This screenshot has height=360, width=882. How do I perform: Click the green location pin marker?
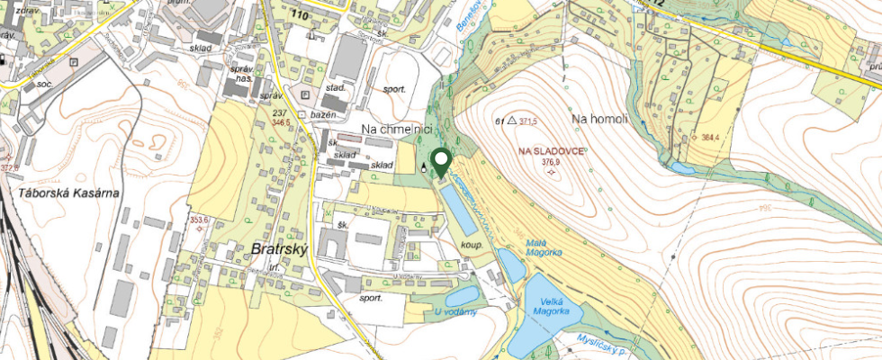(x=441, y=162)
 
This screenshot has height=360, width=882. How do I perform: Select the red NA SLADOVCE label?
(x=553, y=150)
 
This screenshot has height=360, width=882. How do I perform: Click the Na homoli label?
(x=599, y=119)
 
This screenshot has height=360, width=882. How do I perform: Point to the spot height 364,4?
(x=712, y=138)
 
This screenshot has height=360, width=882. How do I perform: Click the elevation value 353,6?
(x=198, y=219)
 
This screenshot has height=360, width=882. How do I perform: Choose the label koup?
(x=472, y=244)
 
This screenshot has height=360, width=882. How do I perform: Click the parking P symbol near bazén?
(x=304, y=94)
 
